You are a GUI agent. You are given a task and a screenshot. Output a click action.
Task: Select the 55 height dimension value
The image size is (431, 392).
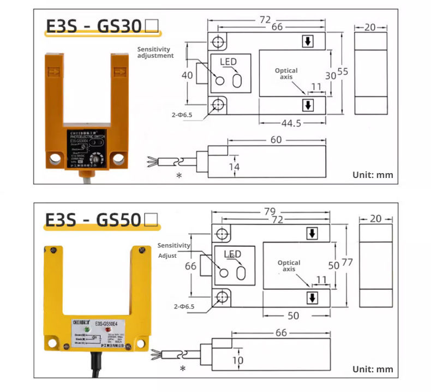(x=343, y=72)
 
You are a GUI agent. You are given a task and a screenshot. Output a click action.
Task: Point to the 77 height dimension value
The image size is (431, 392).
(x=348, y=263)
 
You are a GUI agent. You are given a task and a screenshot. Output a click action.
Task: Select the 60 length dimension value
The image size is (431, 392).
(x=276, y=140)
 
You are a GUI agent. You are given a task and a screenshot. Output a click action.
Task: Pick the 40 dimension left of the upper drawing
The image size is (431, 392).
(x=187, y=75)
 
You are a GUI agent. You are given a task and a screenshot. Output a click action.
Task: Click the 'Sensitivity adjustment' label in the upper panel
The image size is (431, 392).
(x=155, y=52)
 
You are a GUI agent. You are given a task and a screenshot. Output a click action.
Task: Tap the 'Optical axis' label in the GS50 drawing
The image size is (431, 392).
(x=289, y=266)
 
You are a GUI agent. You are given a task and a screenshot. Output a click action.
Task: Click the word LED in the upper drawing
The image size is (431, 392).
(x=229, y=62)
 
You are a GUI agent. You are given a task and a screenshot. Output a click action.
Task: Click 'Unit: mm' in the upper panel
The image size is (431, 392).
(x=373, y=175)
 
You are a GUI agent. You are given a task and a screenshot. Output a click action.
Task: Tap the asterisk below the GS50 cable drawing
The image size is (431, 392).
(x=183, y=369)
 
